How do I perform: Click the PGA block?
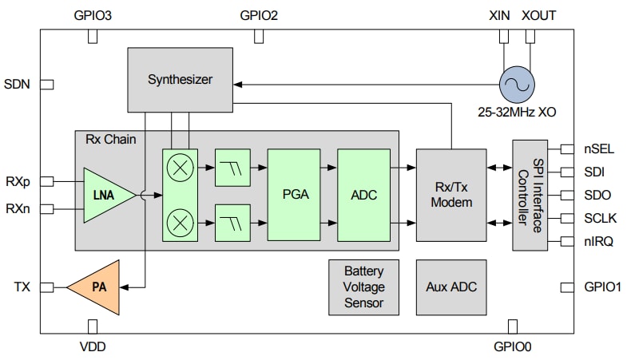click(x=293, y=194)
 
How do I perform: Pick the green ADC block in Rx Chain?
click(x=363, y=194)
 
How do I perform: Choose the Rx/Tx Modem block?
click(x=451, y=194)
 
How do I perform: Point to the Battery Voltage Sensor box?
click(x=363, y=287)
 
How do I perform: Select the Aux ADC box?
click(x=451, y=287)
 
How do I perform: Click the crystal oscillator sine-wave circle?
click(x=515, y=83)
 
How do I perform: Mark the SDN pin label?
click(x=17, y=84)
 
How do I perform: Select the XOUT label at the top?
click(x=539, y=15)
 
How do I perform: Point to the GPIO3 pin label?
click(x=93, y=15)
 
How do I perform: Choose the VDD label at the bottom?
click(x=93, y=346)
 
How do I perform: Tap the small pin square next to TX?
click(x=47, y=287)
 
